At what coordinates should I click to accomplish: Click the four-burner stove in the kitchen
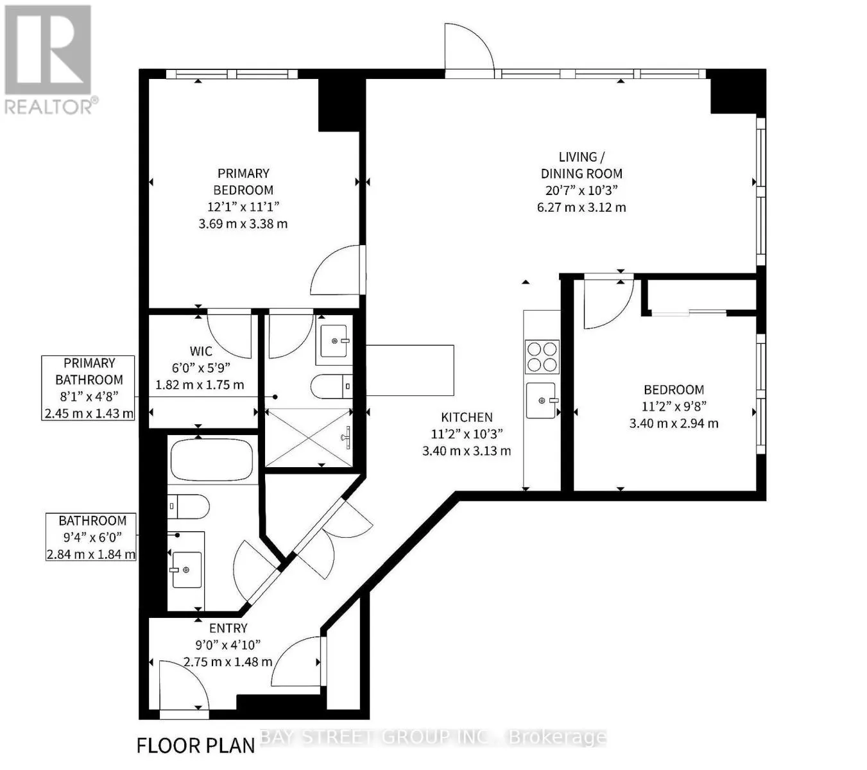coord(542,357)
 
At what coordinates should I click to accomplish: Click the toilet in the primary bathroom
coord(331,386)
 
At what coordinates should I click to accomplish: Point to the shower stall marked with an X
coord(308,438)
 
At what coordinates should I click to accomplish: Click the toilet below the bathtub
coord(188,507)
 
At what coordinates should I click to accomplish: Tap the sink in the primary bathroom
coord(334,341)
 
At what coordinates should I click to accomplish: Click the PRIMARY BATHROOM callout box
coord(88,388)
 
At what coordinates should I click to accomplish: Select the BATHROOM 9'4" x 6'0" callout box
coord(91,537)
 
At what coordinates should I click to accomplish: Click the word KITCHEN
coord(467,417)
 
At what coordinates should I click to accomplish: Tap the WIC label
coord(201,352)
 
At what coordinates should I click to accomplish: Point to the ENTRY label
coord(228,628)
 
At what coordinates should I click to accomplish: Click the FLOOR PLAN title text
coord(196,746)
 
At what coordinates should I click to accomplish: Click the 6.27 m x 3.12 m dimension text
coord(581,208)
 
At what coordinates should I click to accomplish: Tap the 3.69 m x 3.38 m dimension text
coord(243,224)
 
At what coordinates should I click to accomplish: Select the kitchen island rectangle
coord(409,370)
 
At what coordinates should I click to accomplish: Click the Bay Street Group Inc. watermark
coord(433,737)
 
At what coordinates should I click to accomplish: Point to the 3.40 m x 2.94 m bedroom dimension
coord(674,424)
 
